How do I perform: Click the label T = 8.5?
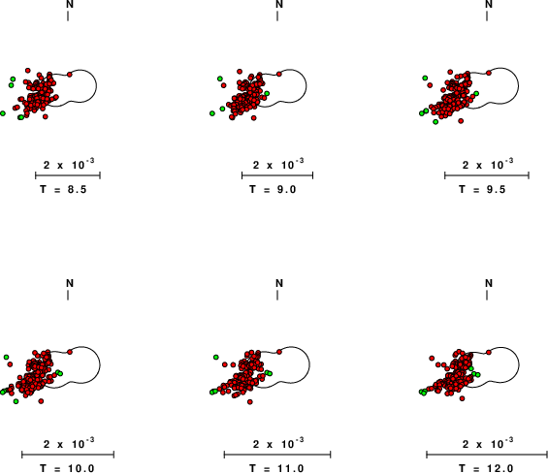(x=63, y=189)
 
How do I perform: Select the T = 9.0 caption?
(x=273, y=189)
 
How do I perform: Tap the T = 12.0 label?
(x=486, y=468)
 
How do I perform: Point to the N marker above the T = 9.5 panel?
(x=489, y=4)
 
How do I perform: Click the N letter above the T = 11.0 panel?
(x=279, y=283)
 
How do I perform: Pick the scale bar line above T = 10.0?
(x=68, y=455)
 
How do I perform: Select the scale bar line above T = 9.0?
(x=277, y=175)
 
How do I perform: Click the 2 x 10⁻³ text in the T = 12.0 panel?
(x=488, y=443)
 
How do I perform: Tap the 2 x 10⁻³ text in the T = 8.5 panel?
(x=69, y=164)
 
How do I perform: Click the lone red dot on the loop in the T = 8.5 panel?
(x=69, y=75)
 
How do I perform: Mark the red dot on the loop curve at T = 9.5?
(x=489, y=73)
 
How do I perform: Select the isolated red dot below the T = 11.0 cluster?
(x=250, y=402)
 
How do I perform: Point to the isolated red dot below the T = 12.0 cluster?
(x=462, y=398)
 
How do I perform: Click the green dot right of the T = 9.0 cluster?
(x=267, y=93)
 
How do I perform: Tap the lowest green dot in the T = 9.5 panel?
(x=435, y=121)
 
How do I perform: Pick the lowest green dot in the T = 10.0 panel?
(x=16, y=401)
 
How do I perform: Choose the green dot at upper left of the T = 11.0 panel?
(x=216, y=357)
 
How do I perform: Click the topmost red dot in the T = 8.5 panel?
(x=28, y=71)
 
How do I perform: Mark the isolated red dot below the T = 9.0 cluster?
(x=254, y=118)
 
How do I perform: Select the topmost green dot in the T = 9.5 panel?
(x=425, y=78)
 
